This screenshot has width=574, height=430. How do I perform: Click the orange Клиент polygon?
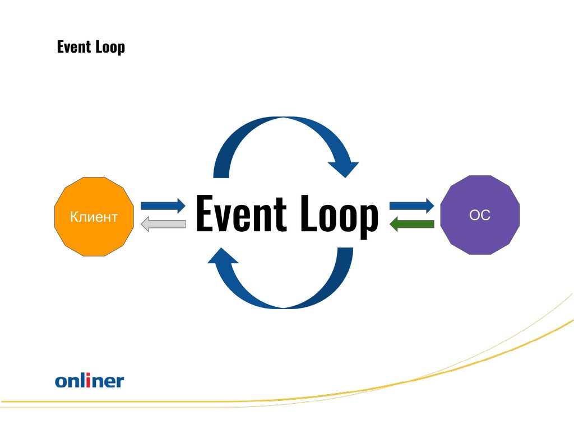(x=94, y=217)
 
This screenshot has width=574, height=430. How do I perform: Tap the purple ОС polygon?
(x=480, y=215)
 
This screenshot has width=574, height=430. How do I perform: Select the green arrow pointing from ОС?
(x=412, y=224)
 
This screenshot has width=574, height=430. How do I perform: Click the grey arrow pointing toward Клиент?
(x=163, y=224)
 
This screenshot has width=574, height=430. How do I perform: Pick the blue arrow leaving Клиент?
(x=163, y=206)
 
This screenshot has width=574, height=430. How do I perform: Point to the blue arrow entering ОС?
(x=412, y=206)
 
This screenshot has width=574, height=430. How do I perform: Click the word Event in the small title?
(x=74, y=47)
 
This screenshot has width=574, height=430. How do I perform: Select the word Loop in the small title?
(x=110, y=48)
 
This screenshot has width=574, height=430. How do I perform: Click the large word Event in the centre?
(x=241, y=213)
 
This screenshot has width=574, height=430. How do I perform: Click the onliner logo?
(x=90, y=381)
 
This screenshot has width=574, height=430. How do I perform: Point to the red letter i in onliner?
(x=88, y=381)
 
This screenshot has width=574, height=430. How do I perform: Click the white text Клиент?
(x=94, y=217)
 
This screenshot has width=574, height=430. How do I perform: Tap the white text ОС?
(x=480, y=215)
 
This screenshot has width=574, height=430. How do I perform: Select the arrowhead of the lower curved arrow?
(x=223, y=256)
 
